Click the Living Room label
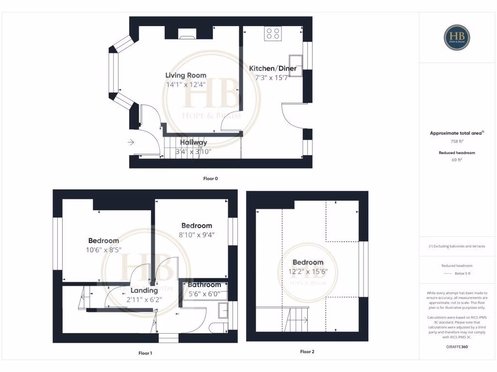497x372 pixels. coord(185,75)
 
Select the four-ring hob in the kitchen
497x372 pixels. coord(272,33)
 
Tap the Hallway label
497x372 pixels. coord(194,142)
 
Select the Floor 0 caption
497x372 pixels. coord(210,179)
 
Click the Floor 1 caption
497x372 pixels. coord(145,353)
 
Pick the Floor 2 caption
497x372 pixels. coord(307,352)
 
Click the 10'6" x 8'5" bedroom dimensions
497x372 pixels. coord(103,250)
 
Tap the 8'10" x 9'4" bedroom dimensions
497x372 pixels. coord(197,235)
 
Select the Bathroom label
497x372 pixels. coord(204,285)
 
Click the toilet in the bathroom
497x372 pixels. coord(217,328)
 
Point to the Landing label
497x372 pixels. coord(144,290)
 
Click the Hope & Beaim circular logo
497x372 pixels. coord(457,38)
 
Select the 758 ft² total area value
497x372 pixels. coord(457,141)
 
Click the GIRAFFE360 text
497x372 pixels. coord(457,347)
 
